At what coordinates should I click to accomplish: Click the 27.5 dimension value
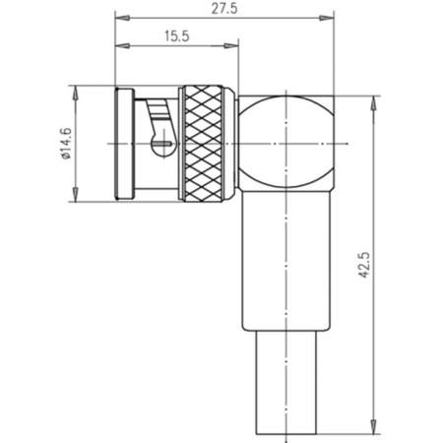pos(222,8)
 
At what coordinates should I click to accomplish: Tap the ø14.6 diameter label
pos(66,144)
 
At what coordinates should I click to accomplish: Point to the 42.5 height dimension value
pos(364,265)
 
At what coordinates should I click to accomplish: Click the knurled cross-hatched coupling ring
pos(207,143)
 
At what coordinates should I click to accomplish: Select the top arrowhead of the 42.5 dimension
pos(374,99)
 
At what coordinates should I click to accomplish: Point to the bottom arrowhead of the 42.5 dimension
pos(374,429)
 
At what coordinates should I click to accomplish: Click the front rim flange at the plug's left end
pos(122,144)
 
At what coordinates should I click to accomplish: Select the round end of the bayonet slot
pos(156,149)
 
